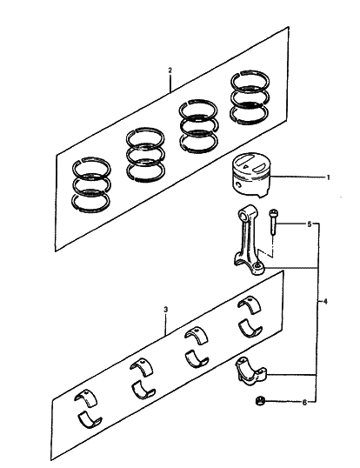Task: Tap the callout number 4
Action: (x=325, y=302)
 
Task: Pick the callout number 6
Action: (x=305, y=404)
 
